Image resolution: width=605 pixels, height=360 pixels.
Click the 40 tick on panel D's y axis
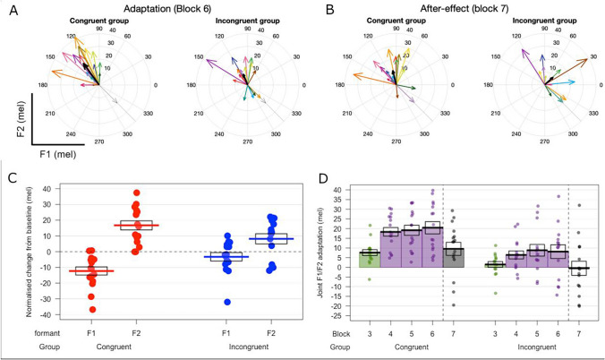tap(339, 190)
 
